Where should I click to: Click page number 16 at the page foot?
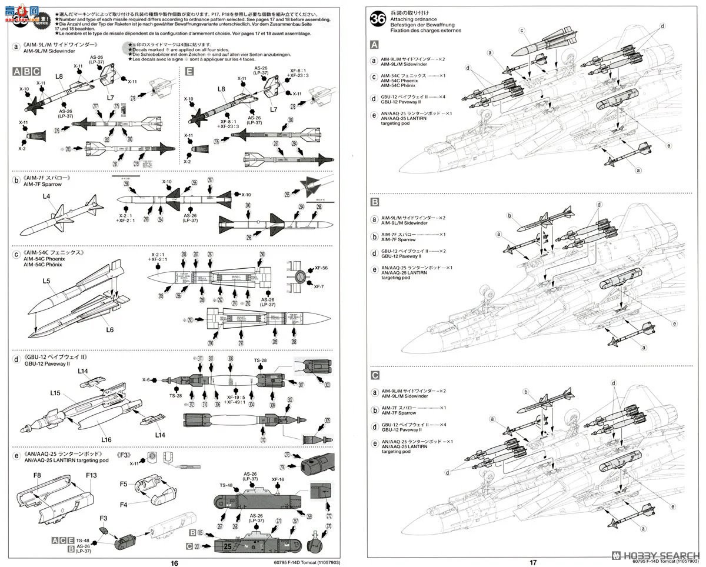(174, 562)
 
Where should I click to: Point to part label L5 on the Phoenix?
(47, 282)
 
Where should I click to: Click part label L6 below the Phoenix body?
(109, 330)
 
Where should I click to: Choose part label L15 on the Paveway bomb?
(55, 393)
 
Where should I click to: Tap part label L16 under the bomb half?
(106, 439)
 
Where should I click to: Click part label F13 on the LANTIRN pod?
(91, 475)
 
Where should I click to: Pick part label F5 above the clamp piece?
(124, 484)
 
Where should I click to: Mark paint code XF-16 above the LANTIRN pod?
(278, 479)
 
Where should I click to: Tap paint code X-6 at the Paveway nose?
(146, 380)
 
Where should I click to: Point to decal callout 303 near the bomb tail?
(327, 385)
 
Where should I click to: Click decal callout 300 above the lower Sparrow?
(248, 205)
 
